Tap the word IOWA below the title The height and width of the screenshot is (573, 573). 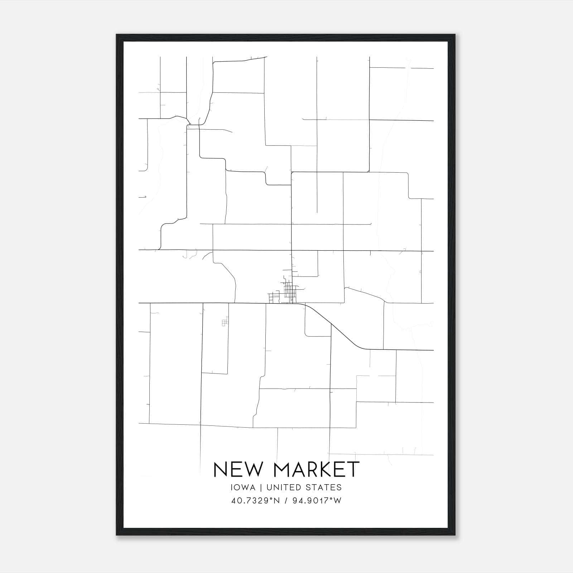click(x=243, y=487)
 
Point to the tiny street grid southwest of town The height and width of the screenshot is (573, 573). click(x=225, y=323)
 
